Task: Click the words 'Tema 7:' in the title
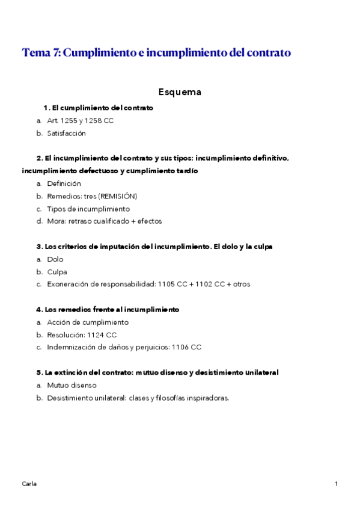point(40,53)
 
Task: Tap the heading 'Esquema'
point(180,92)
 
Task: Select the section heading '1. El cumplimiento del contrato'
point(99,108)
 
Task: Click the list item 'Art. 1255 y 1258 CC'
point(80,121)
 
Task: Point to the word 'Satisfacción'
point(66,134)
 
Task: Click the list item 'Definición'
point(64,183)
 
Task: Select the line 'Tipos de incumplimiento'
point(88,209)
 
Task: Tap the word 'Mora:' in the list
point(57,221)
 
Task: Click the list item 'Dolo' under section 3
point(55,259)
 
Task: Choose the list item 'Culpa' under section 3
point(57,272)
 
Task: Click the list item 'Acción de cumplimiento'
point(87,322)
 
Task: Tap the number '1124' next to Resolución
point(95,335)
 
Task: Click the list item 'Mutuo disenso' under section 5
point(72,385)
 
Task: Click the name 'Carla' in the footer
point(29,484)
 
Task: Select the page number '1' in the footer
point(337,484)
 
